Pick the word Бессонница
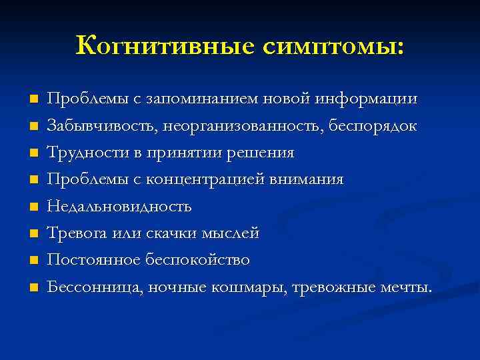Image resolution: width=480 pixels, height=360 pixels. coord(95,287)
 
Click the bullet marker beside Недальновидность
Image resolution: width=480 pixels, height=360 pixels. coord(33,207)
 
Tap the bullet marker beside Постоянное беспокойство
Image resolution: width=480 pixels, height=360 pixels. coord(33,260)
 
